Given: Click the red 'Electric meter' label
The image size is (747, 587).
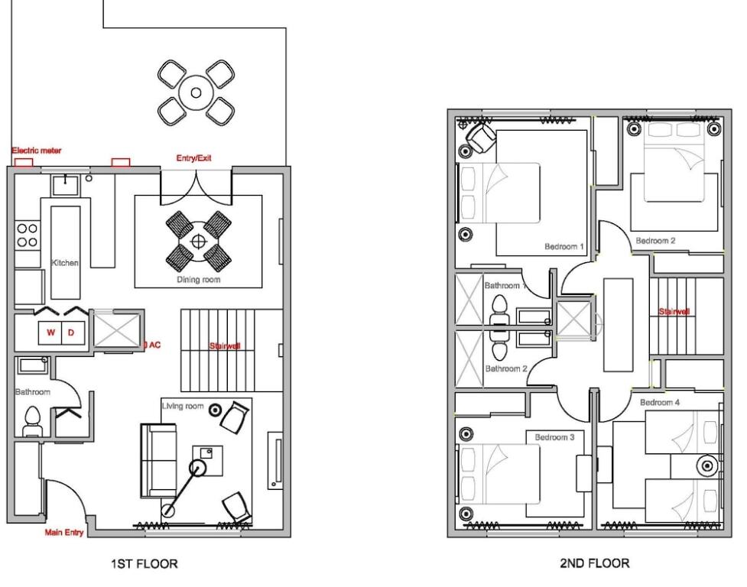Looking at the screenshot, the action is tap(37, 151).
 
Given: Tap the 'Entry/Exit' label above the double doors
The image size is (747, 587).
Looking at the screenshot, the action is tap(193, 158).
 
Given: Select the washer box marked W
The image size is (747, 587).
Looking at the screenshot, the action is tap(50, 332).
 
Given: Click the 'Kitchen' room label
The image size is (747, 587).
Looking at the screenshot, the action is tap(65, 263).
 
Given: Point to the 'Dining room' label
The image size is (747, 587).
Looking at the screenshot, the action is tap(199, 280).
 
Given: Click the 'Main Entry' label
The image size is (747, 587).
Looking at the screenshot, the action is tap(63, 532).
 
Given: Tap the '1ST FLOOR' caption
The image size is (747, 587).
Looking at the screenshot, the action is tap(145, 564).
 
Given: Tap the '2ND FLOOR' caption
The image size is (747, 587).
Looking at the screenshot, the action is tap(595, 563).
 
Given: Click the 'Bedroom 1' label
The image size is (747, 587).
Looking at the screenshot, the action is tap(564, 247).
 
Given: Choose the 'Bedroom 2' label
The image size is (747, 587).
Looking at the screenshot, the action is tap(655, 241).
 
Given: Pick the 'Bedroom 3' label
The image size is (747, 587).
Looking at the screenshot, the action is tap(554, 437).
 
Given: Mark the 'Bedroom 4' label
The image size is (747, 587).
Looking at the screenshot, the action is tap(660, 403).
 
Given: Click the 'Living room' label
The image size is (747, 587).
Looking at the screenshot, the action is tap(183, 406).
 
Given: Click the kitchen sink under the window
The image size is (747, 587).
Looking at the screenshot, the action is tap(65, 184).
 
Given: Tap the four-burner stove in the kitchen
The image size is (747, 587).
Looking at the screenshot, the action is tap(28, 235).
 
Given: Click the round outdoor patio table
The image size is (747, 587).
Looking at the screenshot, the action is tap(196, 92).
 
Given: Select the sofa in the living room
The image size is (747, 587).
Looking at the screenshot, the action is tap(158, 460).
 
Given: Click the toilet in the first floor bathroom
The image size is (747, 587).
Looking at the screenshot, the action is tap(32, 421).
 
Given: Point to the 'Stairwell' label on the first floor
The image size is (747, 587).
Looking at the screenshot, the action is tap(225, 346).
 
